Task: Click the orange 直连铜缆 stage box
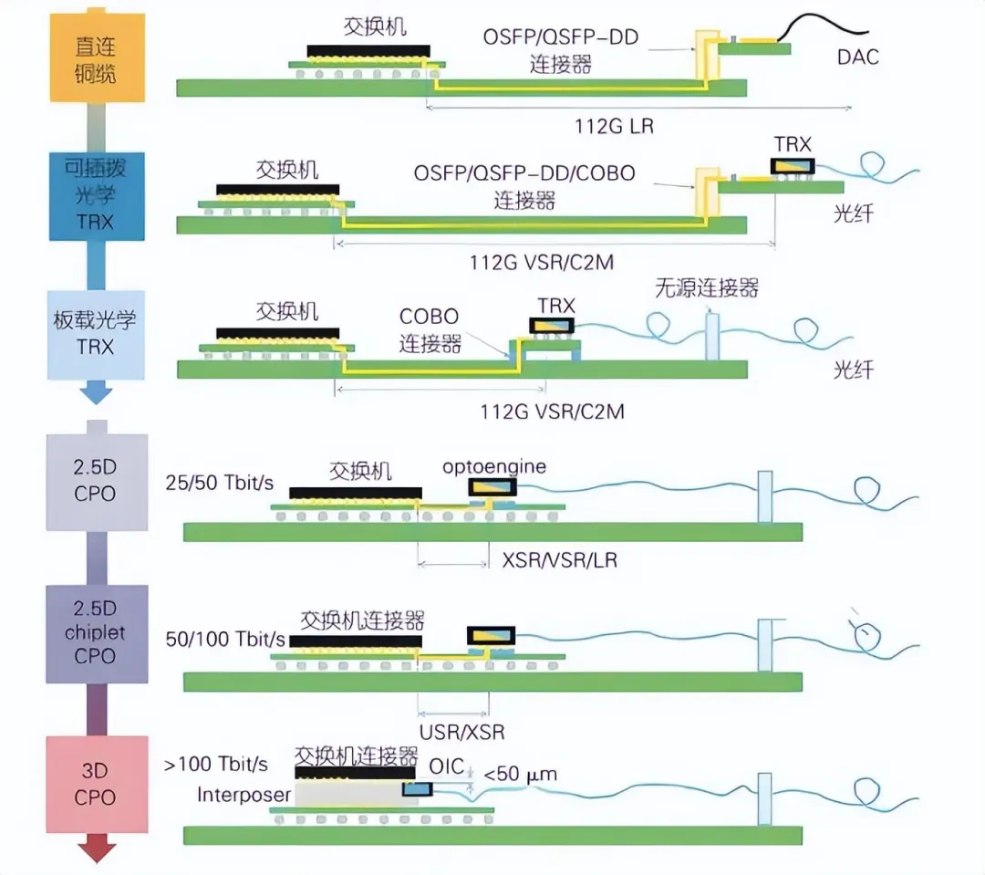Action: click(x=98, y=57)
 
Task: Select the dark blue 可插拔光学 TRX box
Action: click(x=97, y=196)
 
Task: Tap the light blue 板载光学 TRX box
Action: click(x=96, y=335)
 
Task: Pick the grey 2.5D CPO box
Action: click(x=97, y=482)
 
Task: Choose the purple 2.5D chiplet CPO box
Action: click(x=97, y=633)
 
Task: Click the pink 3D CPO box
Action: click(x=97, y=784)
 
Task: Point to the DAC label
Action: click(x=857, y=57)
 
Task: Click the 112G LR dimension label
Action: click(x=614, y=126)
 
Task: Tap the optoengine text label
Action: click(x=493, y=467)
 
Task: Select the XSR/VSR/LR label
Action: click(x=560, y=559)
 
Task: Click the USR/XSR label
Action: click(x=461, y=732)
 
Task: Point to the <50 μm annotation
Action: click(x=520, y=774)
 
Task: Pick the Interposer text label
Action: click(x=244, y=795)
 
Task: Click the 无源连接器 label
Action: click(x=707, y=288)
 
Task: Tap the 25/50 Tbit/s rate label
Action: click(x=219, y=483)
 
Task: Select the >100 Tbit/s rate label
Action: click(x=215, y=765)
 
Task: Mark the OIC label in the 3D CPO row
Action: click(x=447, y=766)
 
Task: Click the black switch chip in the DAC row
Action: click(x=368, y=51)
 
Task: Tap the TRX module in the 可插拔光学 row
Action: click(x=793, y=166)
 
